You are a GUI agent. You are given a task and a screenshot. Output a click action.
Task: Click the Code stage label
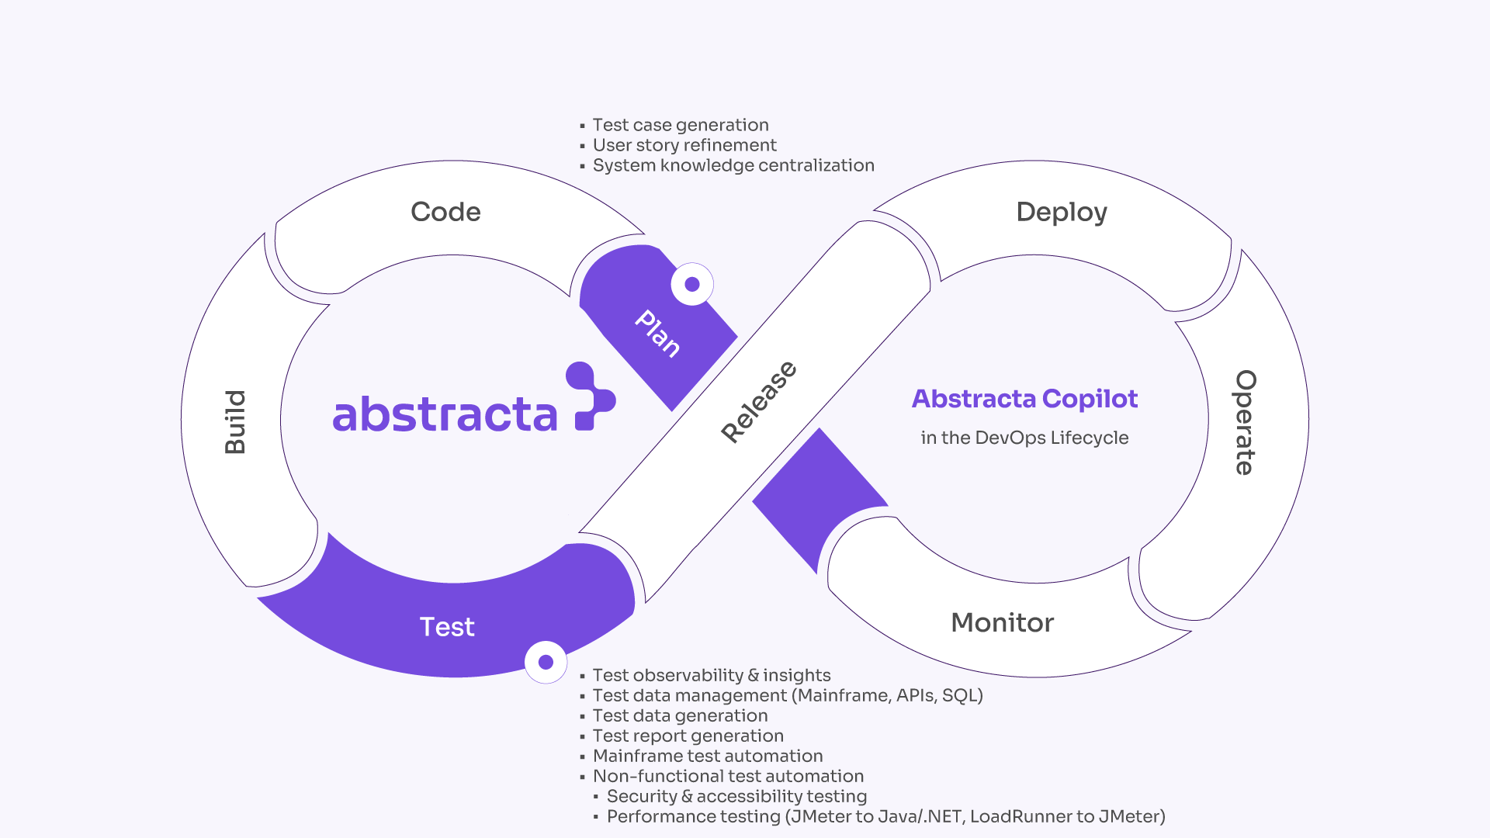[445, 212]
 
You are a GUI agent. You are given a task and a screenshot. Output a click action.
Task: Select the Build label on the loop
[235, 421]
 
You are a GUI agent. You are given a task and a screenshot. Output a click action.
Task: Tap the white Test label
[447, 627]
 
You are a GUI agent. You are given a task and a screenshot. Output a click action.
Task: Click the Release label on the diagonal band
[758, 402]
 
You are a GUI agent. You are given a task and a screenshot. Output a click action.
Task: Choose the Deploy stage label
[1062, 212]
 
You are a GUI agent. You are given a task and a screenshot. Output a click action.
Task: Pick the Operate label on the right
[1245, 422]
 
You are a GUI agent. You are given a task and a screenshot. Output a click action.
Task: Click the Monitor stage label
[1002, 622]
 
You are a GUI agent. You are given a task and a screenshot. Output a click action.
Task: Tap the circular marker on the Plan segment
[692, 285]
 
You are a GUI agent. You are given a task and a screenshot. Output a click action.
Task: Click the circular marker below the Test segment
[546, 662]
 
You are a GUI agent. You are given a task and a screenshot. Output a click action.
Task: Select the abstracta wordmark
[445, 414]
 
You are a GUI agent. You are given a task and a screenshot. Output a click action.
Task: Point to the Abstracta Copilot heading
[1024, 399]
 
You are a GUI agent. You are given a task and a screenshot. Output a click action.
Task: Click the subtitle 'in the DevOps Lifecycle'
[1024, 438]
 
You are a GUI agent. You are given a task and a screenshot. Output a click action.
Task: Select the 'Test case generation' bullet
[681, 125]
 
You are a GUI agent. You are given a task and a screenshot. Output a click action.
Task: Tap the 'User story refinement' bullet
[684, 145]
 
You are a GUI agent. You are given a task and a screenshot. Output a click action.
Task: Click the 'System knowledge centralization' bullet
[733, 165]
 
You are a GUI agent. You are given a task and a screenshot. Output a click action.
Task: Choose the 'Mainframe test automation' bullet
[708, 756]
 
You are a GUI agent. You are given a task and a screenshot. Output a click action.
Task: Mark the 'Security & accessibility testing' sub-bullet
[736, 796]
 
